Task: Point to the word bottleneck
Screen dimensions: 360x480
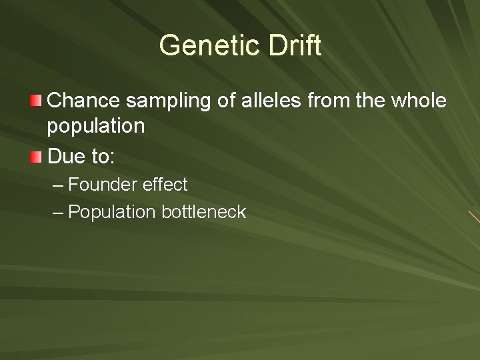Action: [203, 212]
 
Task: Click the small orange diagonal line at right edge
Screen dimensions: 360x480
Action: [473, 216]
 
